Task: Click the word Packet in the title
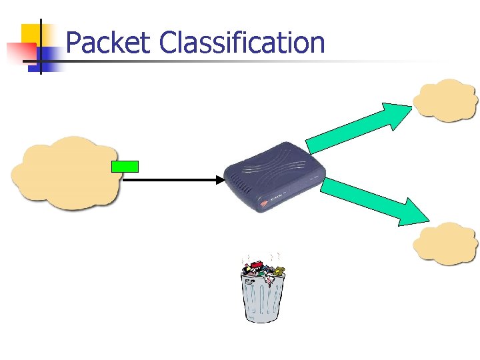point(109,43)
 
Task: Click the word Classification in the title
point(242,43)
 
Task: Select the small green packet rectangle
point(125,167)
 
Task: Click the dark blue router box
point(273,177)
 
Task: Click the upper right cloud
point(445,100)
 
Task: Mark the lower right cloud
point(445,243)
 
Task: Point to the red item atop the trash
point(253,266)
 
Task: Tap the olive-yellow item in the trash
point(279,271)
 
